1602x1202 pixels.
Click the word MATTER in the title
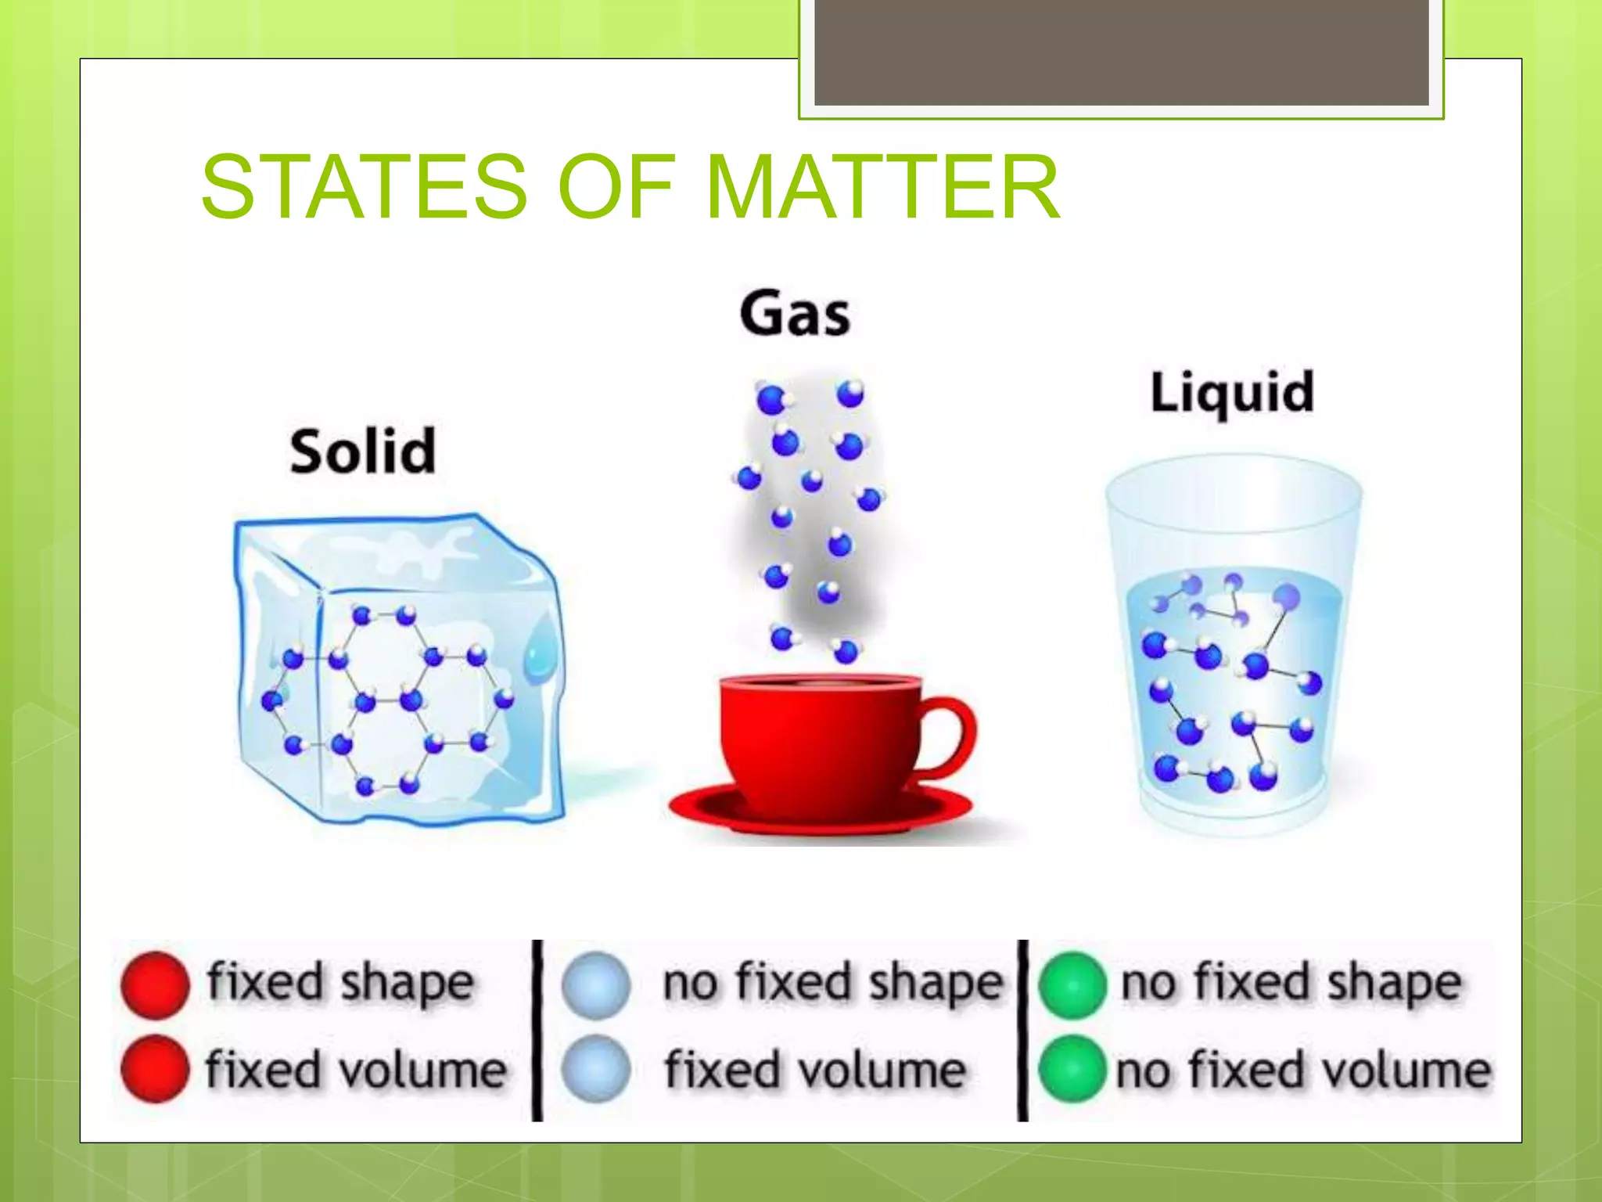pos(882,186)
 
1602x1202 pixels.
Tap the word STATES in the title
pos(365,186)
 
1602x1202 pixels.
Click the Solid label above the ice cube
pos(363,452)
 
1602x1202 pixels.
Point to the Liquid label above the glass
pos(1232,392)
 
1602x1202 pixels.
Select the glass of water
pos(1234,650)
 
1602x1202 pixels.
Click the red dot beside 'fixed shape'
pos(155,984)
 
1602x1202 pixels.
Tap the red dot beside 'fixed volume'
pos(155,1069)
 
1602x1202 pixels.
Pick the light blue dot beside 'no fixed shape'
pos(595,984)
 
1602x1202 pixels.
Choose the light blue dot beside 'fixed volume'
pos(595,1069)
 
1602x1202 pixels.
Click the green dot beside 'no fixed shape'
pos(1072,984)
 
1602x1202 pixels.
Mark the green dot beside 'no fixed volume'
pos(1072,1069)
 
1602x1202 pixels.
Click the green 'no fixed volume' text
pos(1303,1071)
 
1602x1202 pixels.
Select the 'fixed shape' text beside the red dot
pos(340,983)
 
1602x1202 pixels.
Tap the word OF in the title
pos(616,186)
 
